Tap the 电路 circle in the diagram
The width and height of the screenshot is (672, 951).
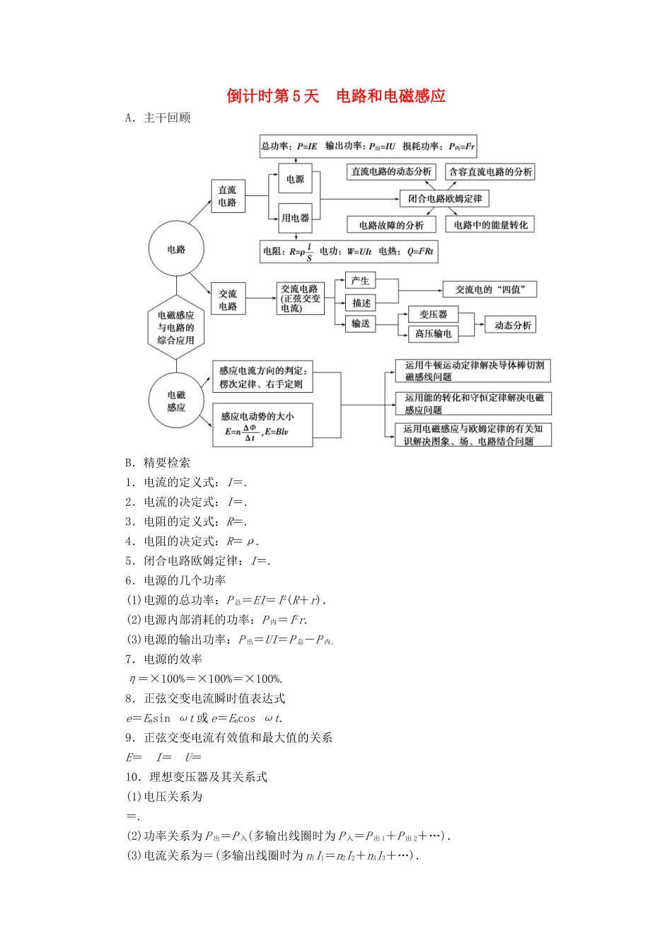coord(176,249)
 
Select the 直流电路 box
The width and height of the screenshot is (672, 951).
coord(228,196)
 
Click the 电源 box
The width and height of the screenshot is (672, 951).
coord(295,179)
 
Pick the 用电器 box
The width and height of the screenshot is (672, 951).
coord(295,218)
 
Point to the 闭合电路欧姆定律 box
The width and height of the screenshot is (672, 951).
coord(444,198)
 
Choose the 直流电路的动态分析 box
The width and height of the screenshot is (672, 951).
coord(391,171)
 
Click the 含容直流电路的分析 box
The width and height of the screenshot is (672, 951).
coord(490,171)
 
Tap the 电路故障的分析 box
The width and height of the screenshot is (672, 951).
coord(391,225)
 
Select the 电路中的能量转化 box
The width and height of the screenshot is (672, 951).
coord(490,225)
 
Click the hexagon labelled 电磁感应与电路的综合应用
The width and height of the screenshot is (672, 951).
coord(176,328)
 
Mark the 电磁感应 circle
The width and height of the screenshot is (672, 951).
coord(176,401)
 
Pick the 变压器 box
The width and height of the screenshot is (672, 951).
coord(433,314)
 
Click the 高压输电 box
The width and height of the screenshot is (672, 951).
coord(433,333)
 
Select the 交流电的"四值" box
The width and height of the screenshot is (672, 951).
coord(489,289)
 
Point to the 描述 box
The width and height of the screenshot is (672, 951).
coord(361,303)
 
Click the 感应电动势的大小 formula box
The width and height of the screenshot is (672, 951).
coord(262,425)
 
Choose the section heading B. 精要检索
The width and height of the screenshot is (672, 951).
coord(158,462)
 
